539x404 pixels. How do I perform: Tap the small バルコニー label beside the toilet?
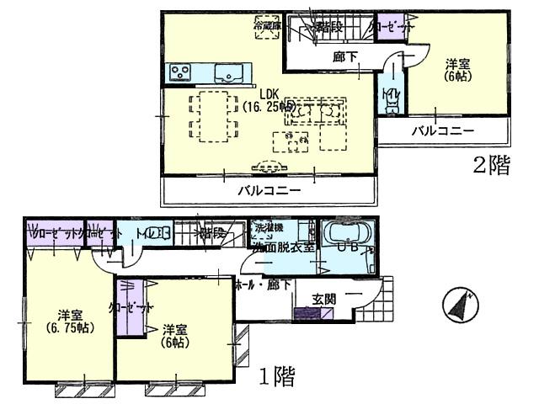[442, 130]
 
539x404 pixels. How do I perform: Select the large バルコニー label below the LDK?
[268, 190]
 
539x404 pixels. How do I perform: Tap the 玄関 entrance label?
[324, 299]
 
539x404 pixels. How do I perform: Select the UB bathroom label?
[348, 248]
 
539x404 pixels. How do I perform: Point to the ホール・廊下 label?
[264, 285]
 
